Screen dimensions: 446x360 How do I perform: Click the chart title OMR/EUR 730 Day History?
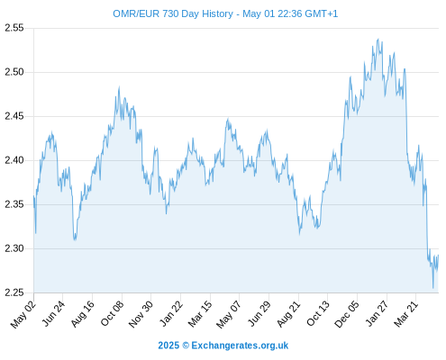pos(173,13)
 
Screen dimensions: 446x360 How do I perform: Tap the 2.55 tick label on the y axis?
pos(14,28)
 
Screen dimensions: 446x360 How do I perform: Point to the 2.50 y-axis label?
pos(14,72)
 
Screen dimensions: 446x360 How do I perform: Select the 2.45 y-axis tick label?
pos(14,116)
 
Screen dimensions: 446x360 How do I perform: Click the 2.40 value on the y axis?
pos(14,160)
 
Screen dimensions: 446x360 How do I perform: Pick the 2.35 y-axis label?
pos(14,204)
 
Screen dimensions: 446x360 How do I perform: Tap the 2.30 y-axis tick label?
pos(14,248)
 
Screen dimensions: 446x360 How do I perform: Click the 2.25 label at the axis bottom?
pos(14,292)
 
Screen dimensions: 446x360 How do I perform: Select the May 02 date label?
pos(23,314)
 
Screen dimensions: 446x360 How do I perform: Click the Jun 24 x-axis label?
pos(53,313)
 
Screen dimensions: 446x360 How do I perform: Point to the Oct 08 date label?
pos(112,313)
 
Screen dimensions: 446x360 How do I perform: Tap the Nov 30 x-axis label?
pos(141,314)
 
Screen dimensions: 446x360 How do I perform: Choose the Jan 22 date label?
pos(171,313)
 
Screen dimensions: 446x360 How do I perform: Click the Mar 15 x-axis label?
pos(200,314)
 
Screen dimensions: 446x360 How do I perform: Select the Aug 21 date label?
pos(288,314)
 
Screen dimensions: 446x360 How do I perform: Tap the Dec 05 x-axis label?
pos(347,314)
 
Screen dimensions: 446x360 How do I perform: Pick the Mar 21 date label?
pos(406,314)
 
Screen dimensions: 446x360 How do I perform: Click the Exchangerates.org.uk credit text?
pos(240,346)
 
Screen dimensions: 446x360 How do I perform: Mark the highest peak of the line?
pos(378,39)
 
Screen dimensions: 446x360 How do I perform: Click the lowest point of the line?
pos(433,288)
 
